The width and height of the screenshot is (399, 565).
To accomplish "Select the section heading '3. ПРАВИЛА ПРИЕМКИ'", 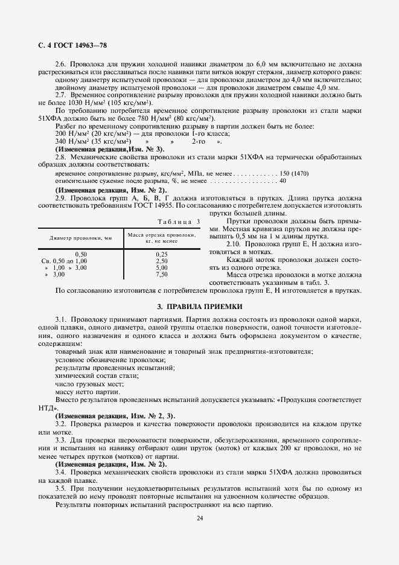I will coord(200,307).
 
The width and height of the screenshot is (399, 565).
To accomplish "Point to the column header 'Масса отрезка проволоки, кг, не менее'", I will coord(161,237).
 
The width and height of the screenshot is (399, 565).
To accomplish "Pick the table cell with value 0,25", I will coord(161,254).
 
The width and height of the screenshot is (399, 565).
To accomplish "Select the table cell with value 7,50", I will coord(161,274).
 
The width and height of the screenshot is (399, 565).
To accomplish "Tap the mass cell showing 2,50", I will coord(161,261).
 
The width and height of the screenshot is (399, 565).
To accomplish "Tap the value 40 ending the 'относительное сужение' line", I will coord(283,180).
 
